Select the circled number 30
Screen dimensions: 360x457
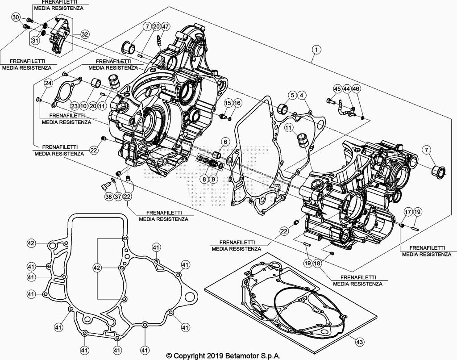point(16,17)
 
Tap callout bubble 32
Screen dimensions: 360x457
point(84,34)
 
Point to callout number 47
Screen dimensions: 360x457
point(165,27)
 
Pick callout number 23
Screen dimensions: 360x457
point(74,106)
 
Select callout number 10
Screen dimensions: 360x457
point(83,106)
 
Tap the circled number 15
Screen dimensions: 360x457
point(228,103)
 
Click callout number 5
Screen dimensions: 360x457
point(292,95)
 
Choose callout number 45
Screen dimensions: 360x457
point(337,89)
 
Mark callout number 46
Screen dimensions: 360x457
point(356,89)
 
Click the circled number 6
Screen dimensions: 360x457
point(225,142)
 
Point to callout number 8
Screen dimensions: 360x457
point(204,179)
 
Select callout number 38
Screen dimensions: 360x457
point(108,197)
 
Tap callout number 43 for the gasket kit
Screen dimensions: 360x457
point(359,342)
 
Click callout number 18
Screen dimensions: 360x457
point(317,264)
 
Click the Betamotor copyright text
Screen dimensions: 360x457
point(223,356)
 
